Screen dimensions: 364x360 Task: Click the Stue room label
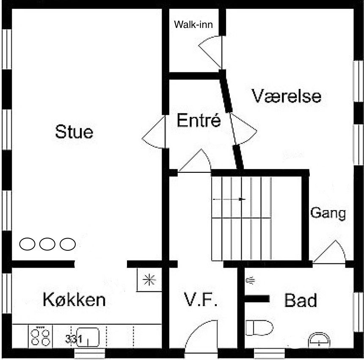click(74, 132)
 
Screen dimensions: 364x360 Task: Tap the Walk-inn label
click(193, 25)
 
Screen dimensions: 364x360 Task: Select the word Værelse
click(287, 96)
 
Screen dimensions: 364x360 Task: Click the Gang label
click(328, 213)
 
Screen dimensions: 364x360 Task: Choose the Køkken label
click(74, 299)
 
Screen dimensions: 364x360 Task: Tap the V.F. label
click(201, 299)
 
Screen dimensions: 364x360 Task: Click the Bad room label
click(301, 300)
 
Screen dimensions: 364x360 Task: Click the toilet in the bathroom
click(259, 328)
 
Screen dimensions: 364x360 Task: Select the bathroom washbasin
click(319, 340)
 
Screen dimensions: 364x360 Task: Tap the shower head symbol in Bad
click(250, 280)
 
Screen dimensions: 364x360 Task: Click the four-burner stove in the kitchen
click(40, 337)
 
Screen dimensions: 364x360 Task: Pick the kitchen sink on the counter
click(88, 337)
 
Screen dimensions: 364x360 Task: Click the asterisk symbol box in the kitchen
click(149, 280)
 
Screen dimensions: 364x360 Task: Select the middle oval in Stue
click(47, 244)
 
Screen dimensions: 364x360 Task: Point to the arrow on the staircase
click(229, 199)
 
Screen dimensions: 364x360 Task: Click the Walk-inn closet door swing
click(210, 52)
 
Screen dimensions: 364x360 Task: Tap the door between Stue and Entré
click(154, 132)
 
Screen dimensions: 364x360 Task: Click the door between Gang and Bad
click(329, 252)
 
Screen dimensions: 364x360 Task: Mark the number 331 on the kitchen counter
click(74, 339)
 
